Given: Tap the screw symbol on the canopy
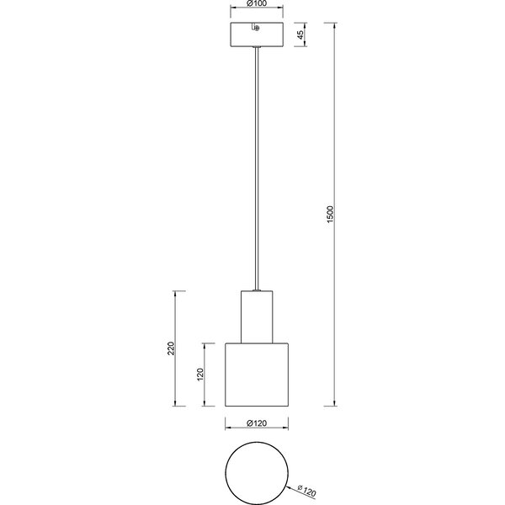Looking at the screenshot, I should (256, 29).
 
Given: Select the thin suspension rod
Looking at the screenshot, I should (257, 168).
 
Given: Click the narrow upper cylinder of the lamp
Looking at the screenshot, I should (257, 316).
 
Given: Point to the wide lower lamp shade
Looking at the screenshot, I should (257, 375).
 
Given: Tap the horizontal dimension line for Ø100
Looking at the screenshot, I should (269, 12).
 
